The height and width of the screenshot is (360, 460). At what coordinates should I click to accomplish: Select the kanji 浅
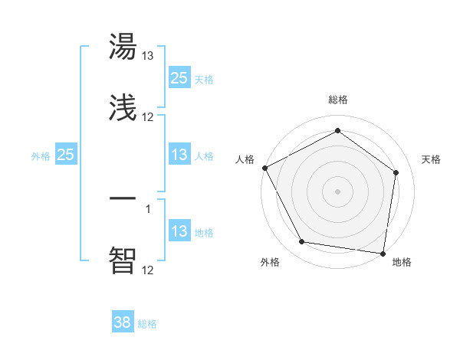[x=123, y=108]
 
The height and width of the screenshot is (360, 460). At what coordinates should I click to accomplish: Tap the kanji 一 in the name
[x=123, y=198]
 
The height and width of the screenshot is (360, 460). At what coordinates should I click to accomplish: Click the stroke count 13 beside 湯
[x=148, y=56]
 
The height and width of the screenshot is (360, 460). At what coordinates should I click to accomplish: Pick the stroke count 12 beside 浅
[x=148, y=117]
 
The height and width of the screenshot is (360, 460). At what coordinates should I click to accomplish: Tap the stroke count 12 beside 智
[x=148, y=269]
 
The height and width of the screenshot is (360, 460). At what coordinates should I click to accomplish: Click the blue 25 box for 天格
[x=179, y=77]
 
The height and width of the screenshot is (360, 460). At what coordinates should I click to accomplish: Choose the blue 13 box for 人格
[x=179, y=155]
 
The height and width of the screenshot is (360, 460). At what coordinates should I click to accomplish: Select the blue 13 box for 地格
[x=179, y=231]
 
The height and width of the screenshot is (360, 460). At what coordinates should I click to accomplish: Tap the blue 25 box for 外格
[x=66, y=155]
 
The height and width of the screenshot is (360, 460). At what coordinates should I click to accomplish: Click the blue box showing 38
[x=122, y=322]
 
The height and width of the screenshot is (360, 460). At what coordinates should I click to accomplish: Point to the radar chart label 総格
[x=337, y=100]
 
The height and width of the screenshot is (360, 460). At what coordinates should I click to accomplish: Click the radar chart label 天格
[x=432, y=159]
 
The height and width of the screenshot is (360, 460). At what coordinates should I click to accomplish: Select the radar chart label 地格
[x=402, y=262]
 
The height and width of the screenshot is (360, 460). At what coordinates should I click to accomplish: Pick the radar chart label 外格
[x=270, y=262]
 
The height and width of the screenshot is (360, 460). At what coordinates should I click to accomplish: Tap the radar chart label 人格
[x=245, y=159]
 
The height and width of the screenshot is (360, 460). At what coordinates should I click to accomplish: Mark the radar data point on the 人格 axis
[x=264, y=168]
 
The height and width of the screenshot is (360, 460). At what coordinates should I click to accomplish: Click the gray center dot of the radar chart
[x=337, y=191]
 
